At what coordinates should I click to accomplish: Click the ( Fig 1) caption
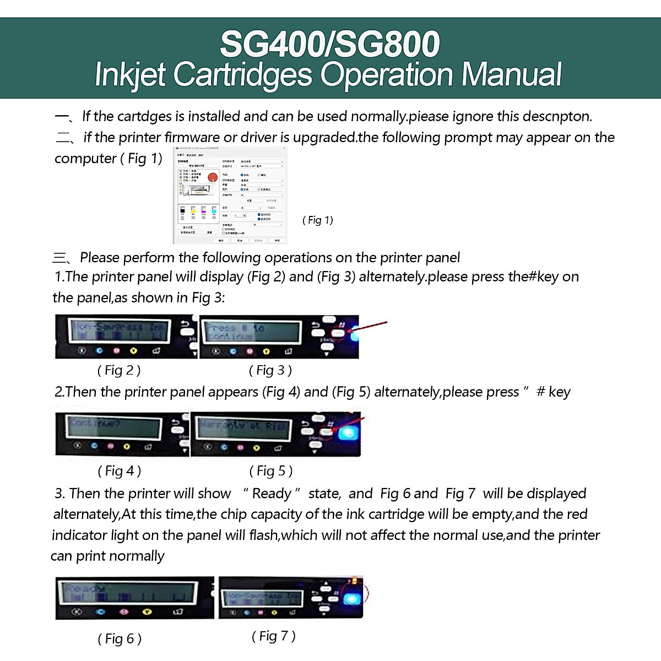point(318,220)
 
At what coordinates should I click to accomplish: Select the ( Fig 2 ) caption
point(119,370)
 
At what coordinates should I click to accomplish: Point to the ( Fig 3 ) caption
point(270,370)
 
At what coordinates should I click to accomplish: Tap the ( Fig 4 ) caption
point(120,471)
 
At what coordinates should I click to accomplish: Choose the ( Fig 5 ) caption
point(271,471)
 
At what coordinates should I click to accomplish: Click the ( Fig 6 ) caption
point(120,639)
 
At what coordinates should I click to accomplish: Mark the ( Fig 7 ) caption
point(274,636)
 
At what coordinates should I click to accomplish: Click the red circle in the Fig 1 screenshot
point(213,177)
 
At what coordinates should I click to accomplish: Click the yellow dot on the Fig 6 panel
point(147,611)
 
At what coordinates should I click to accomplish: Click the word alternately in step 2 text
point(408,392)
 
